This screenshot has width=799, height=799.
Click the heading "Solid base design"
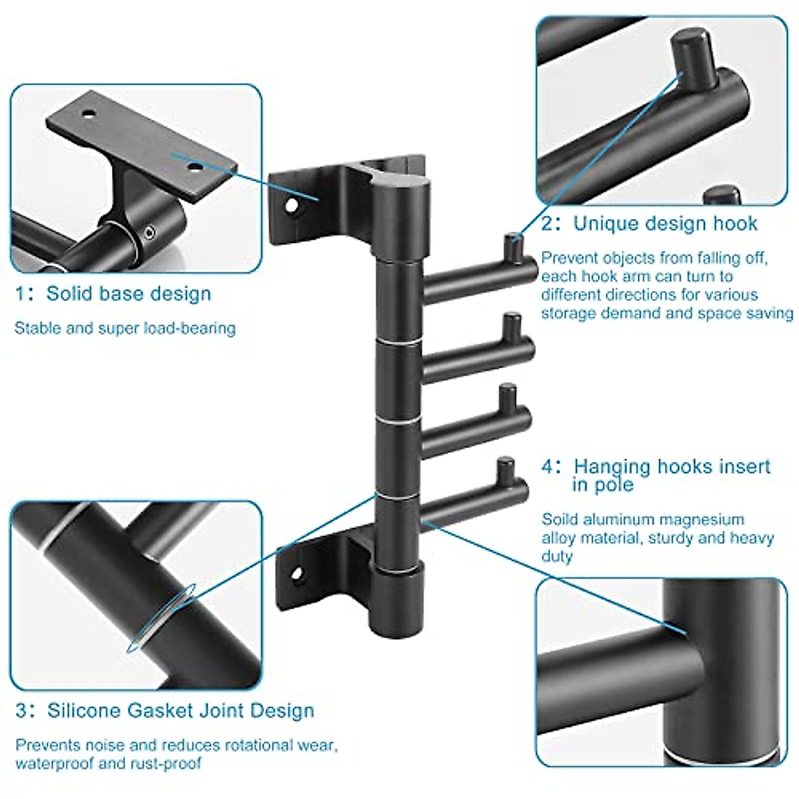(129, 294)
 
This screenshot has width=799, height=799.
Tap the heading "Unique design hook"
(665, 223)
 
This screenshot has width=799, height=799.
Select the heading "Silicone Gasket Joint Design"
(180, 710)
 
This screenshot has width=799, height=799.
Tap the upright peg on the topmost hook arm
(511, 246)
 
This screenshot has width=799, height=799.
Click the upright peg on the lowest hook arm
(505, 469)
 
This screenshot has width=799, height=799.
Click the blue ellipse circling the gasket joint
(162, 619)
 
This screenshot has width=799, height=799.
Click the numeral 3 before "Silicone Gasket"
(22, 710)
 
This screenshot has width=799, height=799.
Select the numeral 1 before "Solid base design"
(21, 294)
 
